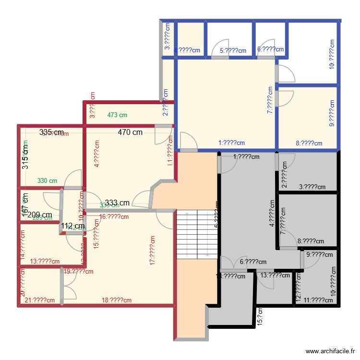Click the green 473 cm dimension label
[x=117, y=115]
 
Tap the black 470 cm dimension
[x=131, y=132]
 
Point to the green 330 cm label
[x=48, y=181]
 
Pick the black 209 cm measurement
[x=39, y=215]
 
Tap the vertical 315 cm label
[x=25, y=156]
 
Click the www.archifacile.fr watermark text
[x=329, y=352]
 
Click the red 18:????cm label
[x=116, y=300]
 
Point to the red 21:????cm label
[x=39, y=300]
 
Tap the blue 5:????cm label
[x=233, y=50]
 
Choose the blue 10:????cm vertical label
[x=332, y=55]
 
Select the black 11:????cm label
[x=319, y=300]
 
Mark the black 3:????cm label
[x=312, y=187]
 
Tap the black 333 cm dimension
[x=118, y=203]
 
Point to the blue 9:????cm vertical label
[x=332, y=114]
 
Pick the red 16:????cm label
[x=114, y=216]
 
